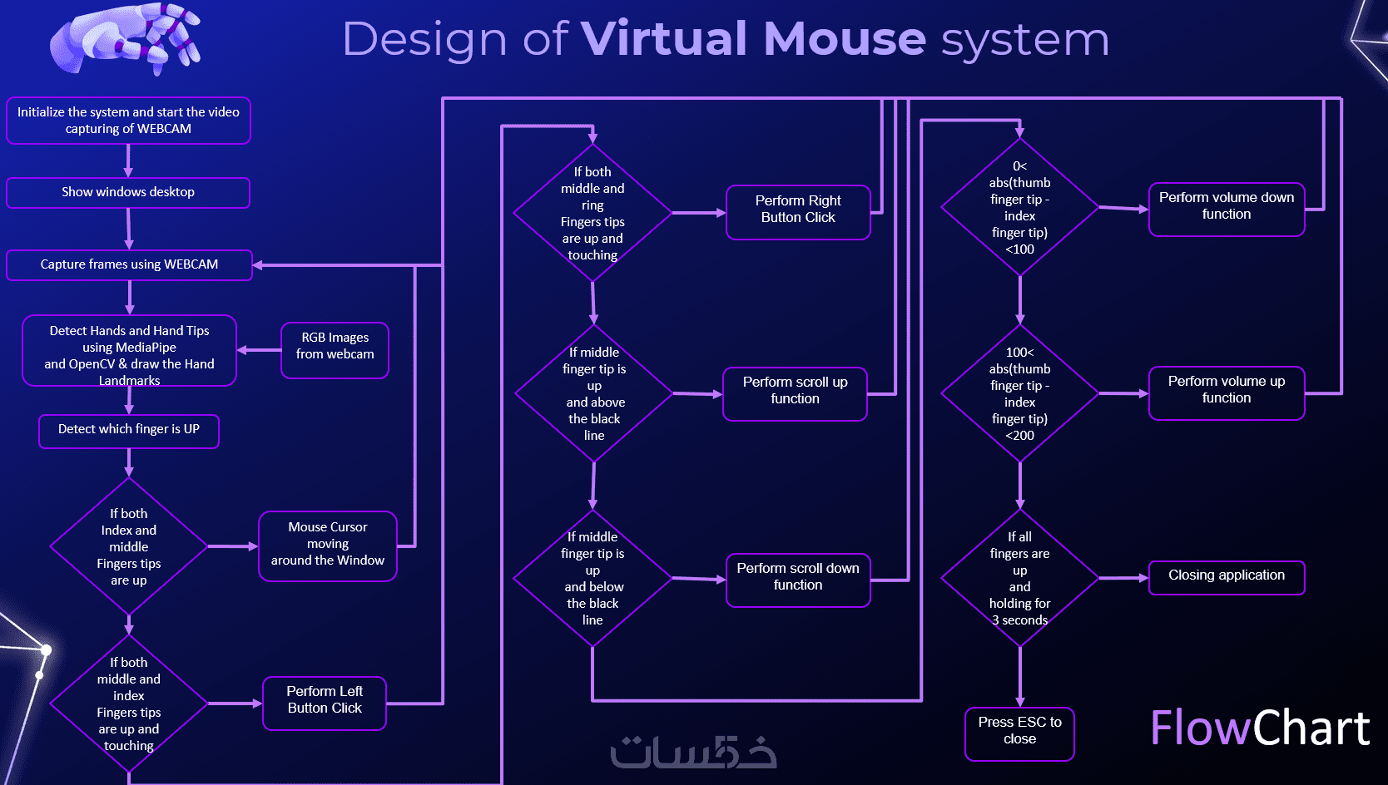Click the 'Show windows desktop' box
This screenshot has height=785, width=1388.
click(x=128, y=192)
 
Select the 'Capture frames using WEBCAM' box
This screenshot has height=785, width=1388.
click(x=129, y=264)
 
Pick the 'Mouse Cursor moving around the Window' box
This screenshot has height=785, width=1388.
click(x=328, y=546)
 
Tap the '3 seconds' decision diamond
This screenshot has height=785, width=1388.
click(x=1020, y=578)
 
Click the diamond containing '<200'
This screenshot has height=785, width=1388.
click(x=1020, y=392)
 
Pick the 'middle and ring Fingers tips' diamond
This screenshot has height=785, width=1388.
click(x=592, y=213)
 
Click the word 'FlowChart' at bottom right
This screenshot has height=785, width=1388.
click(x=1259, y=728)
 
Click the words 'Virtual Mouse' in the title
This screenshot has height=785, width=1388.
click(x=753, y=39)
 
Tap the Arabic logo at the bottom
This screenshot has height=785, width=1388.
click(x=693, y=752)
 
